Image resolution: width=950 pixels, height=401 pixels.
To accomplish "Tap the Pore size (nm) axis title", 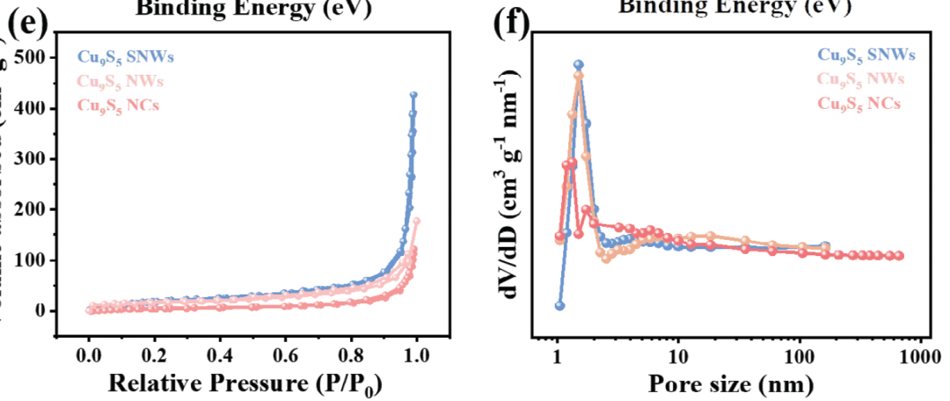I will click(x=730, y=384).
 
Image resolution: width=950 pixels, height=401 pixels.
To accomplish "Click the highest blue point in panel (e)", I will click(x=413, y=95).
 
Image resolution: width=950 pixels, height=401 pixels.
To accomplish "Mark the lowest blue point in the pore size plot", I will click(x=559, y=305).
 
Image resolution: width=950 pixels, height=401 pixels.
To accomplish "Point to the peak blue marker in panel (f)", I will click(x=578, y=64).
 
